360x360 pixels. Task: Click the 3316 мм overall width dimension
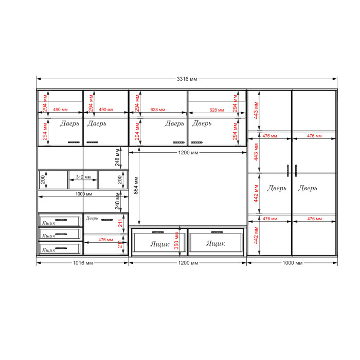[187, 79]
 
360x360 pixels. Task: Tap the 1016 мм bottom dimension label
[83, 263]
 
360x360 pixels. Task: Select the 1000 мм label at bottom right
[292, 263]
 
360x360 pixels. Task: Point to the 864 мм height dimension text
[136, 186]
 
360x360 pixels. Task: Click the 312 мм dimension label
[83, 177]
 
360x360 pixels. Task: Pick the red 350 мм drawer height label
[176, 241]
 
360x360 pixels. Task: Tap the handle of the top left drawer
[61, 220]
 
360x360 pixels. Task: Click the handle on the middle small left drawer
[61, 234]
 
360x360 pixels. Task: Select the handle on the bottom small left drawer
[61, 248]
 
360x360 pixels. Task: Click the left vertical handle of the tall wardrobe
[288, 171]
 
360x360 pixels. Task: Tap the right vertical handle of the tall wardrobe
[296, 171]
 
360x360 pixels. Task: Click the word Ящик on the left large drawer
[160, 244]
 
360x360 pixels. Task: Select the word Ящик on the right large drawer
[216, 243]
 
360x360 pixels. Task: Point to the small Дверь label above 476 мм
[92, 218]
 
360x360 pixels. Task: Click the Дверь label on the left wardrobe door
[277, 188]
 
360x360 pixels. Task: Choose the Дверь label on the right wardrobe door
[308, 188]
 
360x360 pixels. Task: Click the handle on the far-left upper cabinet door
[74, 142]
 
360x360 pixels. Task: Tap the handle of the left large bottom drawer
[158, 232]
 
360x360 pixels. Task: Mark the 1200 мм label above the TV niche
[188, 153]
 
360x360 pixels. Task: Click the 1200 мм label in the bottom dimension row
[188, 263]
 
